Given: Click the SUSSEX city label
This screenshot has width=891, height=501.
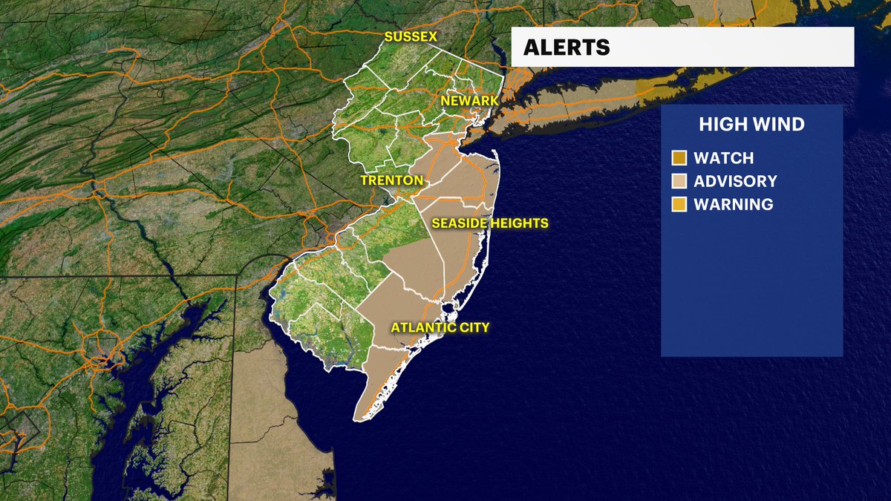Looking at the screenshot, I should (410, 36).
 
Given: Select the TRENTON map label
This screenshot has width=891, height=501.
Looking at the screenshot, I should (391, 180).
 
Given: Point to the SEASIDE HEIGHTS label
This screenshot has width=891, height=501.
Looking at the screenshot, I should (490, 223).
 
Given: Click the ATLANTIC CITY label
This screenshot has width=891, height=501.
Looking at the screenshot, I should (441, 327).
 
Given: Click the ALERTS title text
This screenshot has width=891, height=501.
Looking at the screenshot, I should (567, 48).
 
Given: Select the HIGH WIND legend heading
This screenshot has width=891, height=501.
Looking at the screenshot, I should (751, 124).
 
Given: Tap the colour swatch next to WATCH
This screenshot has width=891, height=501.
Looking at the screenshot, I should (679, 158).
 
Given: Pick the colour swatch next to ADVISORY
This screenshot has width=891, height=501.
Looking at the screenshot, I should (679, 181).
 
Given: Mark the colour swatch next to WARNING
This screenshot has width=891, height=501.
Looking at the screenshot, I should (679, 204).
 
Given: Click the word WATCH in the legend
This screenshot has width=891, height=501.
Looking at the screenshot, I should (723, 158).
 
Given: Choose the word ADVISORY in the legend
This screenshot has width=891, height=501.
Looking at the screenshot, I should (735, 181).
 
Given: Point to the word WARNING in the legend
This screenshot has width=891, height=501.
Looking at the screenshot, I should (733, 204).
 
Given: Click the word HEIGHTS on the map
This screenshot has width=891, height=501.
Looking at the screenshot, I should (519, 223).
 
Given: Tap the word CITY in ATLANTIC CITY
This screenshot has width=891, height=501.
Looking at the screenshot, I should (474, 327).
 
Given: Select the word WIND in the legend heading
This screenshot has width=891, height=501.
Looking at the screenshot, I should (777, 124).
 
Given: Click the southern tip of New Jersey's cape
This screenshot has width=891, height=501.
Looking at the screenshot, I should (357, 418).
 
